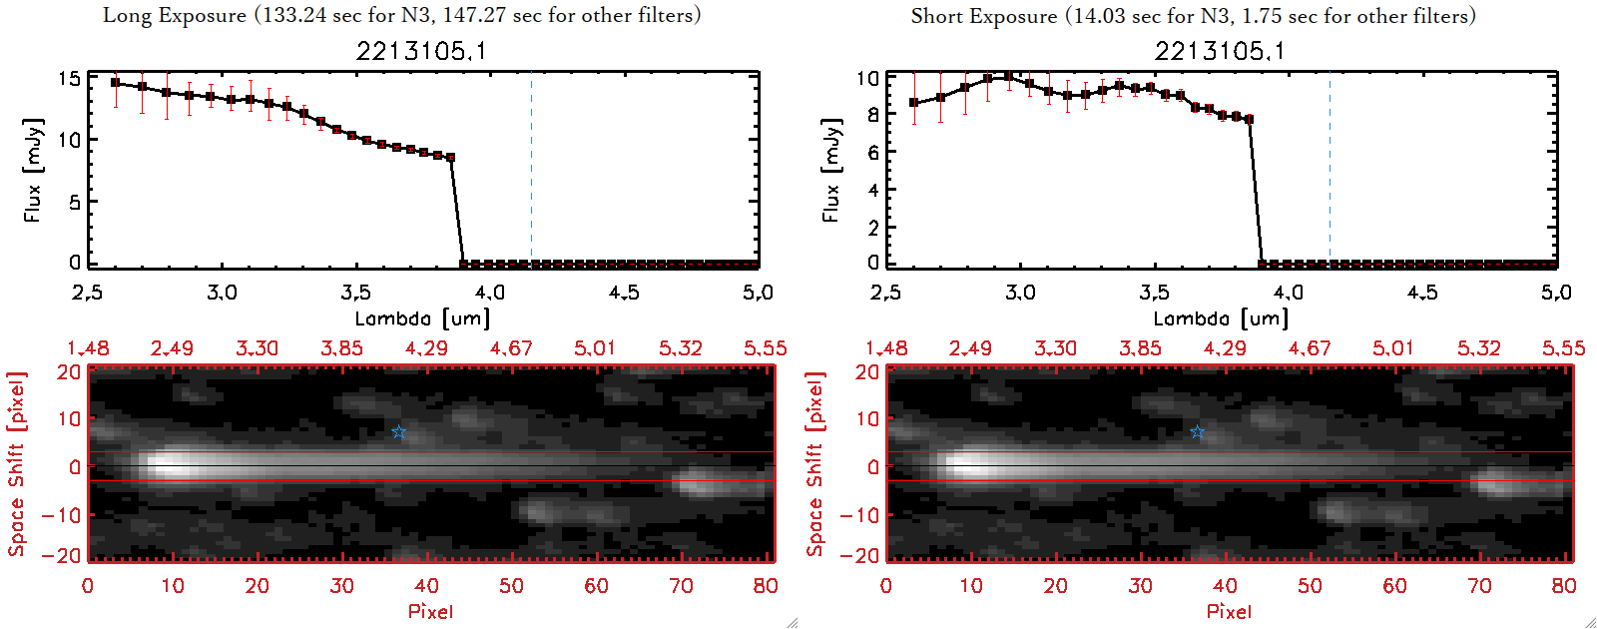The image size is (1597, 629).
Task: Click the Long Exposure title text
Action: (x=401, y=15)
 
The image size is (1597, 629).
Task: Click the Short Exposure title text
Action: (x=1193, y=16)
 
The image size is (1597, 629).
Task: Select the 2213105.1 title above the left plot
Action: (x=421, y=51)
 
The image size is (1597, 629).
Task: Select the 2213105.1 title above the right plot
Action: (x=1220, y=51)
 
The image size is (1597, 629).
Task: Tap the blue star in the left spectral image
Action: (x=399, y=432)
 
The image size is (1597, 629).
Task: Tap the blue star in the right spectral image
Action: (x=1198, y=432)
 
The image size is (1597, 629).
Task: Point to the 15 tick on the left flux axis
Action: (x=69, y=78)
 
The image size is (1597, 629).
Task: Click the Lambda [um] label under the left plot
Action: (x=422, y=318)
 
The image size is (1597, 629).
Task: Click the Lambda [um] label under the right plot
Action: (x=1221, y=318)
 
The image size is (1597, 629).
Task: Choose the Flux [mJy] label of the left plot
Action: (x=34, y=171)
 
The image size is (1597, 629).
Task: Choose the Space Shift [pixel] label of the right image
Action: (x=815, y=464)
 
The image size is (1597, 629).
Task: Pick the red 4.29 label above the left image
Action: (x=426, y=348)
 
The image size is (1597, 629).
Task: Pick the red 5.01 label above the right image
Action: (x=1393, y=348)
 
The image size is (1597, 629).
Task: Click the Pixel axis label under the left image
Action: (x=430, y=611)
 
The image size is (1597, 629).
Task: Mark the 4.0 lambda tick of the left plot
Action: (x=489, y=293)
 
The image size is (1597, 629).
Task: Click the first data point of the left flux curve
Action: (x=115, y=83)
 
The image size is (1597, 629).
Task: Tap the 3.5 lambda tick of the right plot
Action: (x=1154, y=293)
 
